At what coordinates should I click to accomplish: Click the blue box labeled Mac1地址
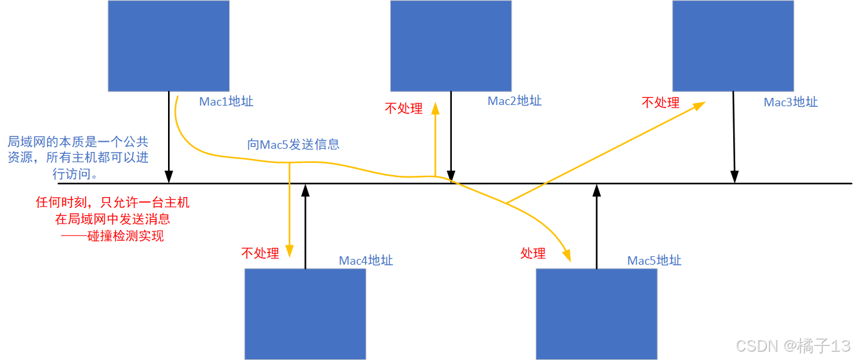coord(168,45)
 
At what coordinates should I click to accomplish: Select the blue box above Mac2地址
coord(451,45)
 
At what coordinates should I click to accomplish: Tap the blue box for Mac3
coord(733,45)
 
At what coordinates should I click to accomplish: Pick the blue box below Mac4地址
coord(305,314)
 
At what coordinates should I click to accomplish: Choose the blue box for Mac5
coord(596,314)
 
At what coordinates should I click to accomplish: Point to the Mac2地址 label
coord(514,101)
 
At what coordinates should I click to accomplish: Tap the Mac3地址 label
coord(791,102)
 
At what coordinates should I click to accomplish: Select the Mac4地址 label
coord(366,261)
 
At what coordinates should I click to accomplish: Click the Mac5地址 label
coord(654,261)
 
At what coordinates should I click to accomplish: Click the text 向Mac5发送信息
coord(293,144)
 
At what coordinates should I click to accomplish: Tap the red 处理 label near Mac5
coord(533,254)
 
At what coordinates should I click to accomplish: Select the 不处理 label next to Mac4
coord(260,254)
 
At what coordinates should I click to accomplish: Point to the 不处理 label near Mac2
coord(404,108)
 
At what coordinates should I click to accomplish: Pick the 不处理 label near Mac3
coord(661,102)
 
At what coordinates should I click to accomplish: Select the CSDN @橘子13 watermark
coord(793,346)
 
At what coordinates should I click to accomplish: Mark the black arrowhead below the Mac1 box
coord(169,177)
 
